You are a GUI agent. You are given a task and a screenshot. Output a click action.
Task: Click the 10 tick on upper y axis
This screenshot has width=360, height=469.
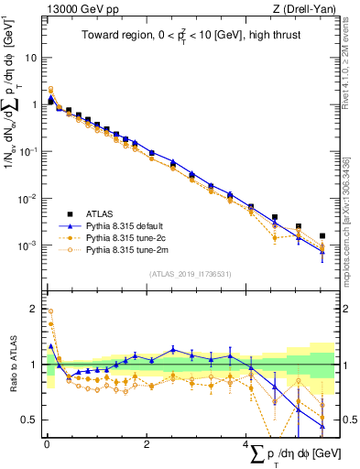30,57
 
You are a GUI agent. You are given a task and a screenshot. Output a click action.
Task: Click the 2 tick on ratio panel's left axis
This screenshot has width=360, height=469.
33,309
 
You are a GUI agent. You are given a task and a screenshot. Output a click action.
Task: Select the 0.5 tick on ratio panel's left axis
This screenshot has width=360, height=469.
30,420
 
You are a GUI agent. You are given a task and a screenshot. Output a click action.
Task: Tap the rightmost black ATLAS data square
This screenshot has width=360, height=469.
322,236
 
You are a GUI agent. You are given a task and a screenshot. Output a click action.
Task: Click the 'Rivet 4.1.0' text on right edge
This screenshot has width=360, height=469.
352,55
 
